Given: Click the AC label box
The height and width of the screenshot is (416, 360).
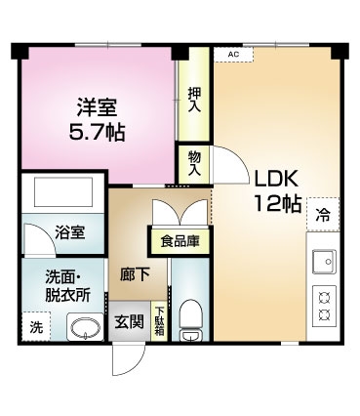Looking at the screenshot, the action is click(x=233, y=55).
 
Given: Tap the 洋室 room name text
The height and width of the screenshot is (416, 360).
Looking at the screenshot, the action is click(x=97, y=107).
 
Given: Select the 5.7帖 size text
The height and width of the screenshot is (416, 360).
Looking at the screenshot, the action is click(x=97, y=132).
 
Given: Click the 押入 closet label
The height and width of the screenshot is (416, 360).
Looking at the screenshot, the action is click(x=194, y=100).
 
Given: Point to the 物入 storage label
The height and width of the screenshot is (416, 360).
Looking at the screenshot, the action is click(x=194, y=164).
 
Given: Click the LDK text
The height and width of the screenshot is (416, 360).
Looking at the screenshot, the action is click(x=276, y=179).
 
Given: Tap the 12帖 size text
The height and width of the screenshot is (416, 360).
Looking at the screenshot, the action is click(x=277, y=203).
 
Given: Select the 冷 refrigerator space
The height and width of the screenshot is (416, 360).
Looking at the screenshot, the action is click(x=323, y=215).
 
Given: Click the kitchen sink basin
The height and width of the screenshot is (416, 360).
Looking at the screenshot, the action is click(x=324, y=262).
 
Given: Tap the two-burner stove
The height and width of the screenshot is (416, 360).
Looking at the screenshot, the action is click(x=324, y=306).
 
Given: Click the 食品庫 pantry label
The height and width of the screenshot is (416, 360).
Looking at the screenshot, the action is click(x=180, y=241).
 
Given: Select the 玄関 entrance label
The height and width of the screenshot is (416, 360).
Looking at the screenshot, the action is click(x=129, y=322).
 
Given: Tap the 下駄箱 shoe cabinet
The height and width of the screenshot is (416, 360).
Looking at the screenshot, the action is click(x=160, y=321).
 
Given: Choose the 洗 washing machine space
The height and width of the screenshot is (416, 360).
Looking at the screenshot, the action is click(x=36, y=326).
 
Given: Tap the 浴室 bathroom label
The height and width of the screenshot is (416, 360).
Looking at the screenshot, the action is click(x=70, y=232).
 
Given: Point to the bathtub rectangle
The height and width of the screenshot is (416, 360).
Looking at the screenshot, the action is click(x=63, y=192).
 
